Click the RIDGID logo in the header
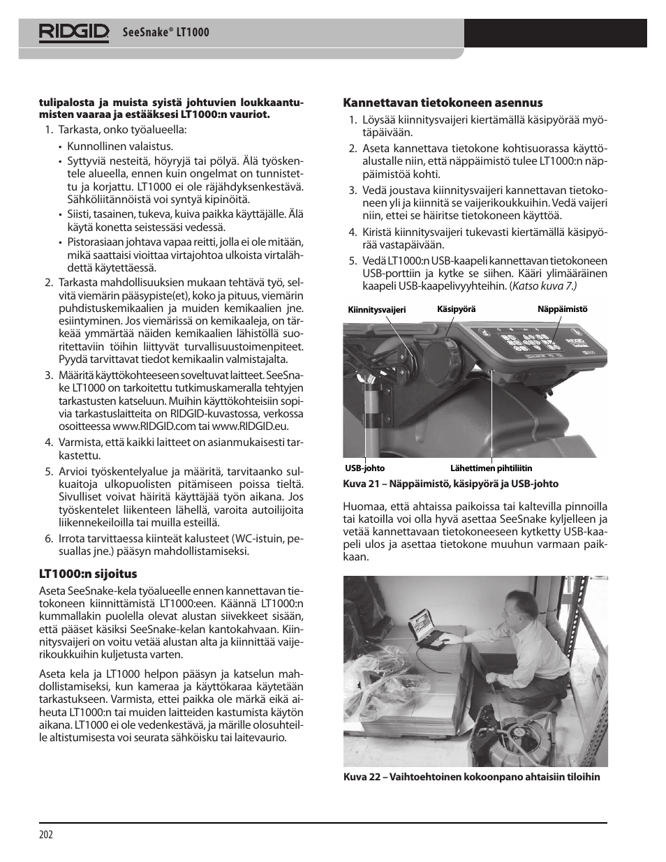coord(74,33)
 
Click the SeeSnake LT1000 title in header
coord(165,33)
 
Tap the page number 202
coord(46,835)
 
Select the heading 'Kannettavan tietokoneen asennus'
coord(442,102)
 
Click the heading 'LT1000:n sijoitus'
coord(87,574)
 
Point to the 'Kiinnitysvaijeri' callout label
coord(376,310)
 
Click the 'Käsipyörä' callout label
coord(456,309)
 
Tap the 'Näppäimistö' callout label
coord(562,309)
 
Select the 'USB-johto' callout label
coord(365,468)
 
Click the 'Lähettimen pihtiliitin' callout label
coord(491,468)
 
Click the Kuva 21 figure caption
coord(450,484)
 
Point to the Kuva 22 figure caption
coord(471,777)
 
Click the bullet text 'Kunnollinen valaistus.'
coord(120,147)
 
